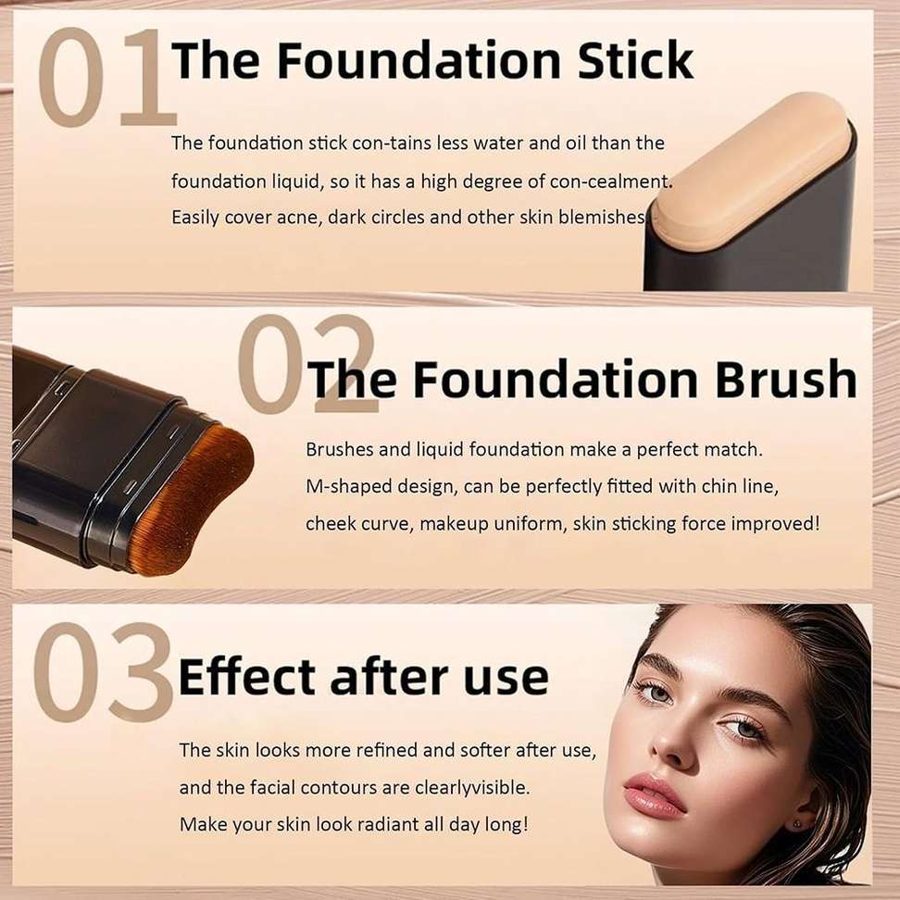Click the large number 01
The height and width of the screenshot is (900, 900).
click(107, 78)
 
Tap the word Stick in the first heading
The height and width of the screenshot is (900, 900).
click(636, 60)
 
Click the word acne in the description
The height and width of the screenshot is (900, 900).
click(299, 218)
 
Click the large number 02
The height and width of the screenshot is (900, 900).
click(307, 364)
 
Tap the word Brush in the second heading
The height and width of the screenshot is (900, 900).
click(786, 379)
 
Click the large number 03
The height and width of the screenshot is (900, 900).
click(104, 673)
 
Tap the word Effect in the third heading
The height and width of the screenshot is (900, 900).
click(247, 677)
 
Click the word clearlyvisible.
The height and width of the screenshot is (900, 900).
click(472, 787)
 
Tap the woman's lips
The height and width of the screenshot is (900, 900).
click(654, 795)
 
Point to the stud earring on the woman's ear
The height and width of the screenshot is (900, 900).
click(796, 825)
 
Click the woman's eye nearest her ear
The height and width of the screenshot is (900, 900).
click(743, 730)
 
